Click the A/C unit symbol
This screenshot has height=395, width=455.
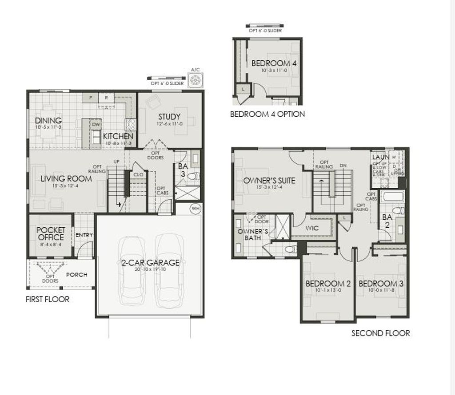point(196,81)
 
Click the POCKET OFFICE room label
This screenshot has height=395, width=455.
point(51,233)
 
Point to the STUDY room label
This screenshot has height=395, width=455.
point(169,117)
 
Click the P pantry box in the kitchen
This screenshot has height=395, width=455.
point(91,97)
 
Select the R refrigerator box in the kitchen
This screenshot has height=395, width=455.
point(106,97)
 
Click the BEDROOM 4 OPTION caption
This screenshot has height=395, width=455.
point(267,114)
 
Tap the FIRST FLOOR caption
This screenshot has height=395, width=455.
point(48,299)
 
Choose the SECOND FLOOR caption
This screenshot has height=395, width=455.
point(380,333)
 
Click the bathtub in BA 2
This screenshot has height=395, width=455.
point(393,197)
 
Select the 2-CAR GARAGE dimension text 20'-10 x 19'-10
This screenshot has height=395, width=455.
point(150,269)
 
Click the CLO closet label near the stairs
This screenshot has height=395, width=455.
point(138,175)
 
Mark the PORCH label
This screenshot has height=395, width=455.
point(77,275)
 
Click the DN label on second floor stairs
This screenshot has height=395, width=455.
point(343,166)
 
